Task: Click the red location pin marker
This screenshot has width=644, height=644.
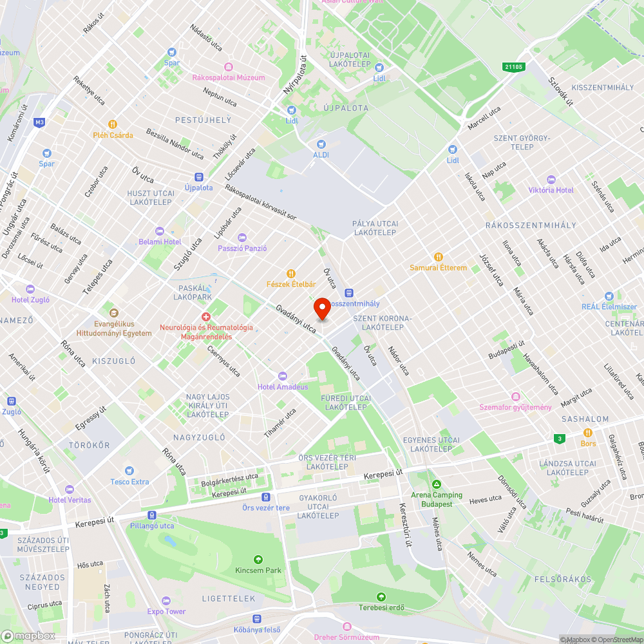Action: [x=321, y=307]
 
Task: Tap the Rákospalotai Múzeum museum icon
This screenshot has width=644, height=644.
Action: [x=228, y=67]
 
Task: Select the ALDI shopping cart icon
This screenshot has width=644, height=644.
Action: [x=321, y=144]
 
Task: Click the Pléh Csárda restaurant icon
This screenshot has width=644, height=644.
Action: [x=113, y=124]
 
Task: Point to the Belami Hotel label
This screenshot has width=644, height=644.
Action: [x=160, y=241]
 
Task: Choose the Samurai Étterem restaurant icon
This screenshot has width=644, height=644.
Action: [x=439, y=256]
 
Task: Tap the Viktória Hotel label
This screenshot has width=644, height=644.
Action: [x=551, y=190]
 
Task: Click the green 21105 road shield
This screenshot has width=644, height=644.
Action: [x=515, y=66]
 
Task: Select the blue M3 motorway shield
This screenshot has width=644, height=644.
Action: [x=40, y=122]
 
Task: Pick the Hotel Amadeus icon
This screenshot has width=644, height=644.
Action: [x=282, y=375]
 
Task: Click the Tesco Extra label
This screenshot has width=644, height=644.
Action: [x=129, y=482]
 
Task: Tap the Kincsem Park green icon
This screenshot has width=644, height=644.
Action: [x=258, y=559]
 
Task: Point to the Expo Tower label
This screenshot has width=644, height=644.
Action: [x=166, y=611]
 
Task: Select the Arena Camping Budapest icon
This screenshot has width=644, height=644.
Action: [x=437, y=484]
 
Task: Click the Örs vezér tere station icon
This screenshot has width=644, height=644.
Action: [x=265, y=497]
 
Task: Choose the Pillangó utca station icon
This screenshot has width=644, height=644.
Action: [x=151, y=515]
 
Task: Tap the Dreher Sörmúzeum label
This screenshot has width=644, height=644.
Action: [x=346, y=638]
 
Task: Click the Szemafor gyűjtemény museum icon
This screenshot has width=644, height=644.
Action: [x=515, y=396]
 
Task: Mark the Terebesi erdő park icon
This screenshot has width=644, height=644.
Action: [x=381, y=596]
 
